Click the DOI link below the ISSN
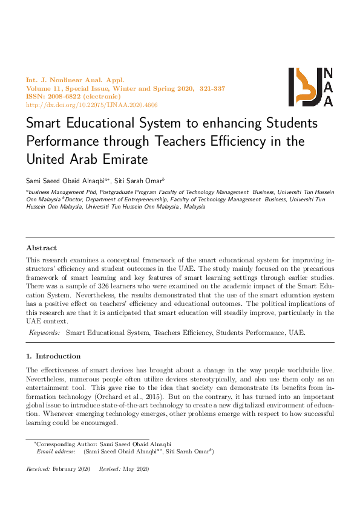coord(91,105)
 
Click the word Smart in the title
coord(45,123)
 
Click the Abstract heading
coord(41,248)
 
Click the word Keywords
coord(45,332)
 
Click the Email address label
coord(56,452)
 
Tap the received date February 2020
coord(71,470)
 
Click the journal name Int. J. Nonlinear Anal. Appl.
coord(74,80)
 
